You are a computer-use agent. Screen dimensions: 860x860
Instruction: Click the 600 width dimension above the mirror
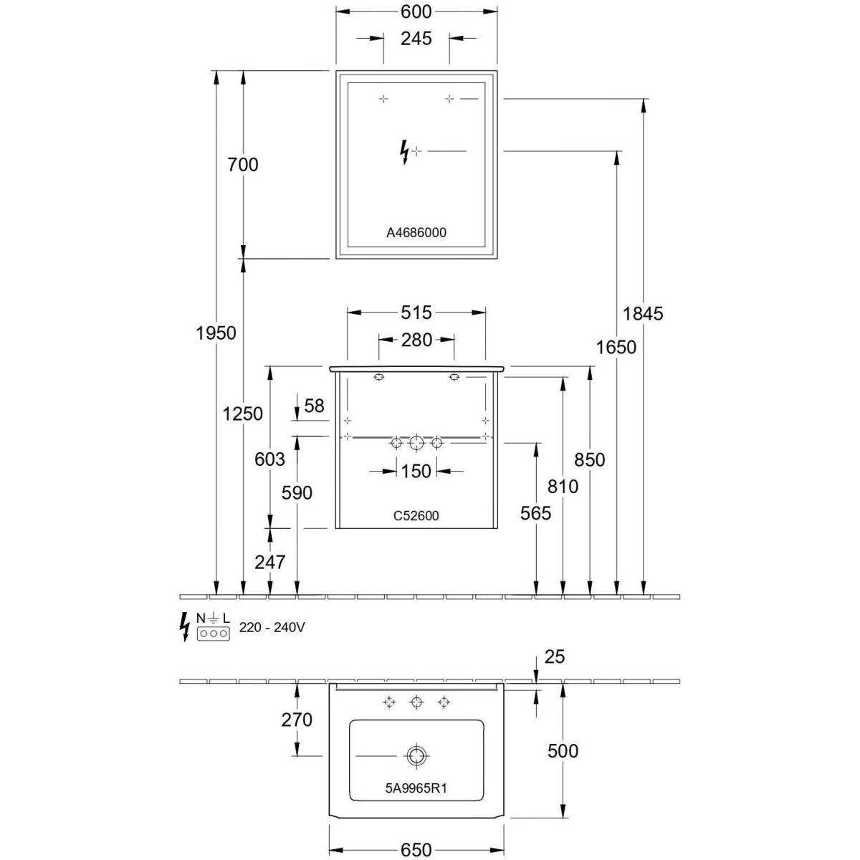pos(416,12)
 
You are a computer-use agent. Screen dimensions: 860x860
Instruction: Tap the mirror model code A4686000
pos(416,233)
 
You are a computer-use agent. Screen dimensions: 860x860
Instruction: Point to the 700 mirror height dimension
pos(243,165)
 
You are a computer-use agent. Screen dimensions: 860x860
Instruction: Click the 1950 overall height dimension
pos(216,333)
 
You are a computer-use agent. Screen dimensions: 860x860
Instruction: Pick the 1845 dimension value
pos(643,313)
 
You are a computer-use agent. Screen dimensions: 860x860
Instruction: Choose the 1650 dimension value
pos(616,348)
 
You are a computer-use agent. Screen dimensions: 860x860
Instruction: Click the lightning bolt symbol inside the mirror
pos(405,151)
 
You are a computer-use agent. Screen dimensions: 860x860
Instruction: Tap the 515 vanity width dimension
pos(416,312)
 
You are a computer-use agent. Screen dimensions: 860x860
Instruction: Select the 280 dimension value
pos(416,340)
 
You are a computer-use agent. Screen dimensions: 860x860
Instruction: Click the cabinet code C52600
pos(416,515)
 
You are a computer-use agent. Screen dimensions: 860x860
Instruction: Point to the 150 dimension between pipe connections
pos(416,471)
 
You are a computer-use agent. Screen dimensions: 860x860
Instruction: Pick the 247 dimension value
pos(270,563)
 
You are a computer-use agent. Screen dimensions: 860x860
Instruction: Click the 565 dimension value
pos(536,513)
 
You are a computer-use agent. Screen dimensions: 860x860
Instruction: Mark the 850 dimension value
pos(590,460)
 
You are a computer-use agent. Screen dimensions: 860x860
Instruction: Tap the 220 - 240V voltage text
pos(272,627)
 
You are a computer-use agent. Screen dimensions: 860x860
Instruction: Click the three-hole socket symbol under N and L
pos(213,634)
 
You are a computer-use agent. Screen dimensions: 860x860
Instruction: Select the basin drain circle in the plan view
pos(416,755)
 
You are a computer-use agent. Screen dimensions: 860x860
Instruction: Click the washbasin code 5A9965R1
pos(416,788)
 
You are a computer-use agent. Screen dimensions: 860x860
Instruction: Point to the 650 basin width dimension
pos(416,849)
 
